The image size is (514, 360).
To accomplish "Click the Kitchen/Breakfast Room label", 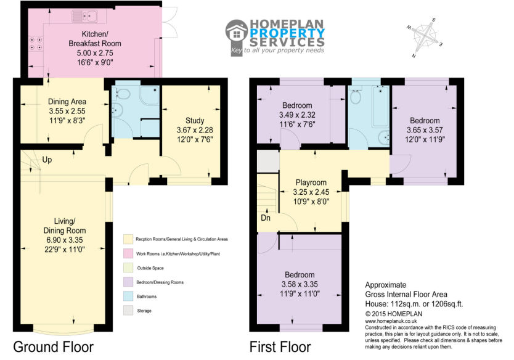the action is point(95,39).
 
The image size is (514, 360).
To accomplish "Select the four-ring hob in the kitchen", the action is point(36,44).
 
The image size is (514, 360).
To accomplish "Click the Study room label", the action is point(195,121).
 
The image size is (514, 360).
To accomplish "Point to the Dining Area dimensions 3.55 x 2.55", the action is point(67,111).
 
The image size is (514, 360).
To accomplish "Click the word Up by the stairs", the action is point(47,160).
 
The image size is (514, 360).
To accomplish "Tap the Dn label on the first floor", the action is point(266,218).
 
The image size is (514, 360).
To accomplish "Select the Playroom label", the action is point(311,182).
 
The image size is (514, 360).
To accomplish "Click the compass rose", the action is point(425,37).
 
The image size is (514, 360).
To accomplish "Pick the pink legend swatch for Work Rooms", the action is point(128,253).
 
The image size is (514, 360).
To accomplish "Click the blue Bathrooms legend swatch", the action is point(128,296).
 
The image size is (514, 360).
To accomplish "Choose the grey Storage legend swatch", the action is point(128,311).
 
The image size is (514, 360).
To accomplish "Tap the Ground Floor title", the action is point(54,347).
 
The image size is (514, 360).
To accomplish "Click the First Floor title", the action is point(280,347).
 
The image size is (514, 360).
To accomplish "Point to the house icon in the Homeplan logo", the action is point(237,33).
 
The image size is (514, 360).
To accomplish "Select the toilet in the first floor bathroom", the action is point(356,95).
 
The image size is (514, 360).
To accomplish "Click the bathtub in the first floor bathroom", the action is point(381,106).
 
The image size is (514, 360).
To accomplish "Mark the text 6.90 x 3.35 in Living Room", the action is point(65,240).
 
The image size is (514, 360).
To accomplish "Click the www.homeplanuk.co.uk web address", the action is point(391,321).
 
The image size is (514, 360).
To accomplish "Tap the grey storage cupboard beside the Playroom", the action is point(268,162).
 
